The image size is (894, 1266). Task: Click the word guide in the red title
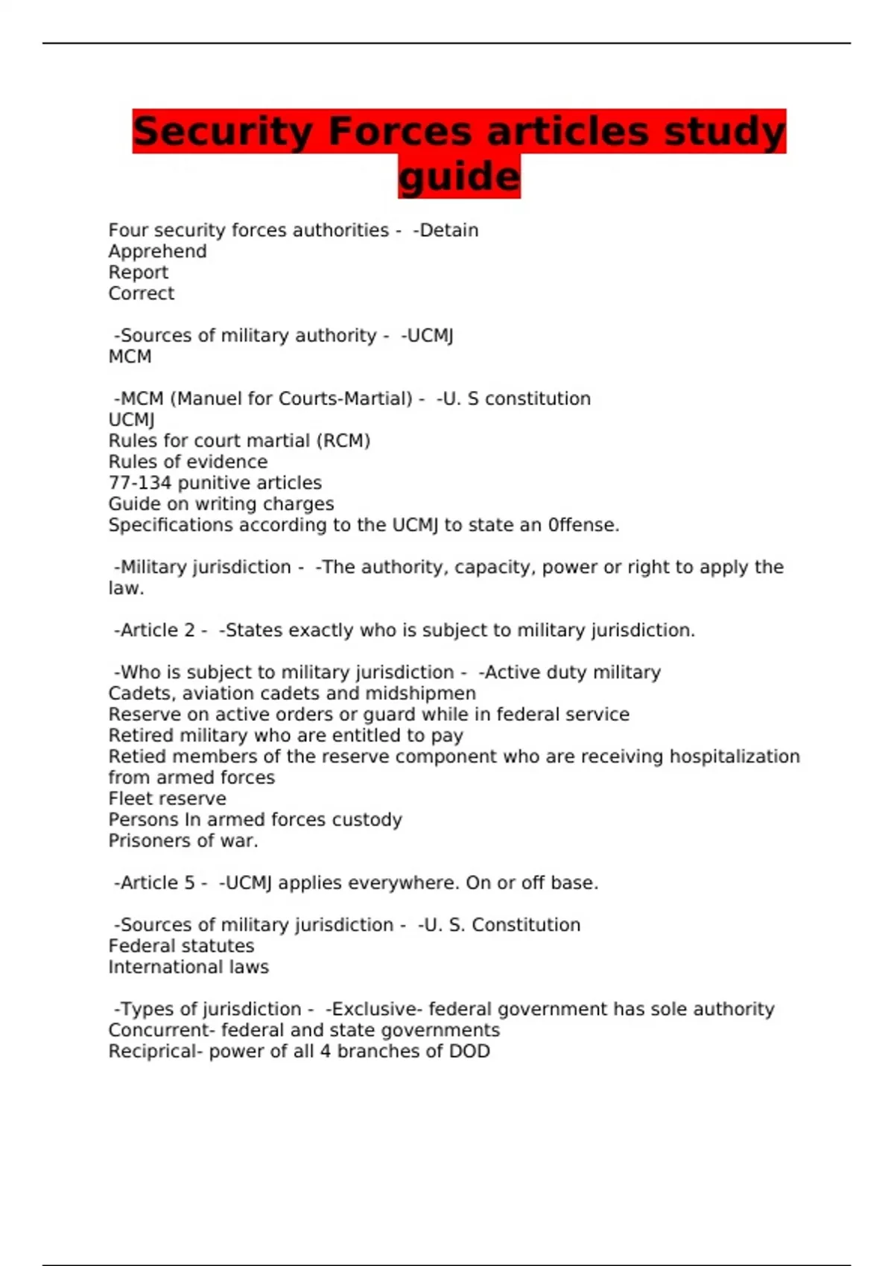(459, 177)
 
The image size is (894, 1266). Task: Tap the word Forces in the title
(399, 131)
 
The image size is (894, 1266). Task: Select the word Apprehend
(157, 252)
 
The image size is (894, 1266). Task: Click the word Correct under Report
(141, 293)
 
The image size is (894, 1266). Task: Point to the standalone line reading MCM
(130, 357)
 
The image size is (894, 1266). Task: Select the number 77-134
(140, 483)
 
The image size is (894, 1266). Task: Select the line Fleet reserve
(167, 798)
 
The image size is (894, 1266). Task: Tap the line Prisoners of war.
(183, 841)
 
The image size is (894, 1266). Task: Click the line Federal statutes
(181, 946)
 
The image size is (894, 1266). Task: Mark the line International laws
(188, 967)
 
